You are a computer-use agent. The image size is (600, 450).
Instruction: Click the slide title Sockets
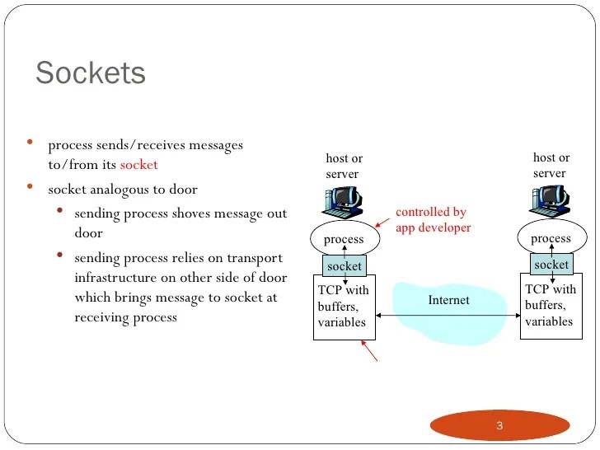click(x=91, y=73)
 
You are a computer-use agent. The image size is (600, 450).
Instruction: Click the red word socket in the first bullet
click(x=138, y=165)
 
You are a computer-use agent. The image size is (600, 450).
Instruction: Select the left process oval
click(x=344, y=239)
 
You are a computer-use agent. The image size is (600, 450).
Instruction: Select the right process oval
click(x=551, y=238)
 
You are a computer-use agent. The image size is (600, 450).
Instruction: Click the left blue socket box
click(x=345, y=267)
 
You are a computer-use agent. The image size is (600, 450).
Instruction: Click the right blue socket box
click(x=551, y=265)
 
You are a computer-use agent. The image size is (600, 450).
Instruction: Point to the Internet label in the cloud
click(x=448, y=300)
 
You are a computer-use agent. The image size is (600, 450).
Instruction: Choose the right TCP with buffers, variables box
click(x=551, y=305)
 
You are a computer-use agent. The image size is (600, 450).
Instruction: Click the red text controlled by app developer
click(x=433, y=220)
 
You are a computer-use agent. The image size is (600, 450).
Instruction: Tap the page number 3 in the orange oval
click(x=499, y=426)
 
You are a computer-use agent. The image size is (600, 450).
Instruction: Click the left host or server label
click(x=344, y=166)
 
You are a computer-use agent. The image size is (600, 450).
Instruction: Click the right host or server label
click(x=551, y=165)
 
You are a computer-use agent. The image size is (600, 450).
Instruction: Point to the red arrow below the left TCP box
click(x=371, y=352)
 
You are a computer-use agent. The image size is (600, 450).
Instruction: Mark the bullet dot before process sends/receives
click(x=30, y=143)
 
